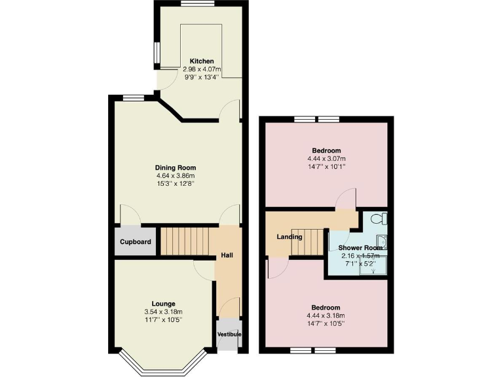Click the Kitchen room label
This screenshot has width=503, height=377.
tap(202, 61)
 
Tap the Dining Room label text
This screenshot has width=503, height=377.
tap(176, 168)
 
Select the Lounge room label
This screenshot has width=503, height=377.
tap(162, 303)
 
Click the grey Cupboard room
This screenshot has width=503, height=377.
tap(136, 242)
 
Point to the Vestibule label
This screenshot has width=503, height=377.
tap(229, 335)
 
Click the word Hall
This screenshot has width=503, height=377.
tap(227, 255)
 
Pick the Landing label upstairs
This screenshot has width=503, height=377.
tap(289, 237)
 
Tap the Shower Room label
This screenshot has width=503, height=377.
tap(360, 248)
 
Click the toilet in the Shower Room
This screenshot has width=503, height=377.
tap(379, 219)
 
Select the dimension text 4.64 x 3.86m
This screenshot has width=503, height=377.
tap(176, 175)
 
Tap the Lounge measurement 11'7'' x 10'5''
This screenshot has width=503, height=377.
tap(162, 319)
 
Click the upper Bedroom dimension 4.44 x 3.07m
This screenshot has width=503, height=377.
tap(326, 158)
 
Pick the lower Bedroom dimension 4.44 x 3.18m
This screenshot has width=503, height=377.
tap(326, 315)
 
